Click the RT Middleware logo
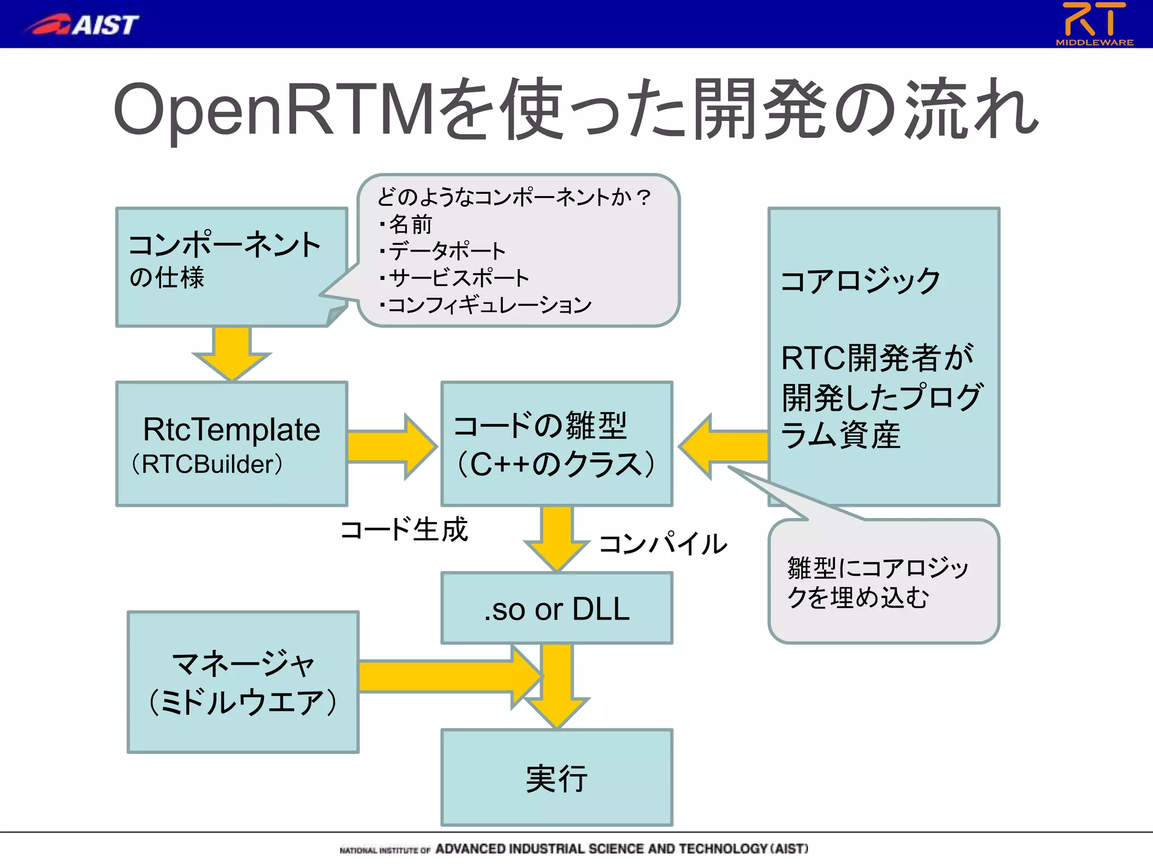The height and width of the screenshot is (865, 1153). point(1094,24)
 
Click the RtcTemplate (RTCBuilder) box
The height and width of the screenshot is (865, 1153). point(231,444)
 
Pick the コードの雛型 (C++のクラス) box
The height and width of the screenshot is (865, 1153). point(556,444)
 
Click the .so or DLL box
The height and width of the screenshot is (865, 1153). point(556,608)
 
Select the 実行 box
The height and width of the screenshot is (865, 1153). point(556,777)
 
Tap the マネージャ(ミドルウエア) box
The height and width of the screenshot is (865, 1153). point(243,682)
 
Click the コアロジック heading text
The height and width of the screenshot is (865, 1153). point(860,280)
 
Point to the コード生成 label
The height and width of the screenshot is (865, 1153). point(404,529)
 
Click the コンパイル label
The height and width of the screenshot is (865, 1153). point(663,544)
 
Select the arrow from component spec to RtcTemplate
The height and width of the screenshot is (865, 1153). point(231,354)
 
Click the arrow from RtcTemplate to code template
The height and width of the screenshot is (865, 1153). point(391,447)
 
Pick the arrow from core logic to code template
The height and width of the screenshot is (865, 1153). point(724,447)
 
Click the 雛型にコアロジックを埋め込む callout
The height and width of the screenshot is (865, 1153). point(883,582)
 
